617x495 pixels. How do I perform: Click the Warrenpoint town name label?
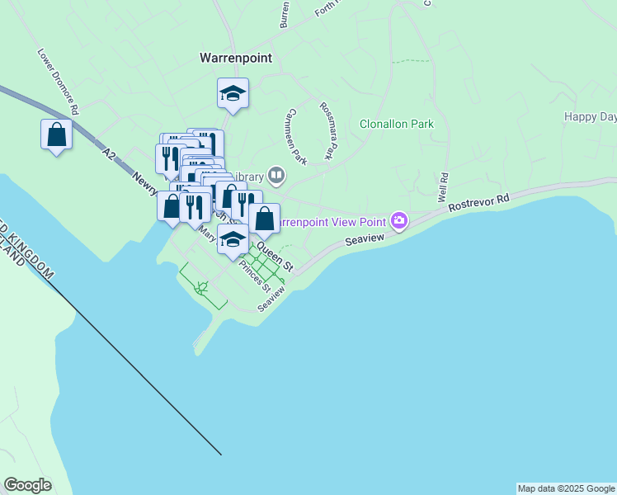coord(236,59)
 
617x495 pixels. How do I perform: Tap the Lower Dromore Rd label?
coord(57,81)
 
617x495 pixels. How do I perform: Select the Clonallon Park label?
coord(396,125)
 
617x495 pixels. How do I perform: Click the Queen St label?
coord(275,256)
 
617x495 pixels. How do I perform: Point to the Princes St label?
coord(254,276)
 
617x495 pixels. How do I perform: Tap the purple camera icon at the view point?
coord(400,219)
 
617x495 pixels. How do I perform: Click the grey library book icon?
coord(276,174)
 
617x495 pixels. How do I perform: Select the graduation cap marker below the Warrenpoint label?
coord(233,94)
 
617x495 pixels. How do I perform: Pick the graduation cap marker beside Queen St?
coord(233,239)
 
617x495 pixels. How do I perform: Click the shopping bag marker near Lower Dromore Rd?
coord(56,135)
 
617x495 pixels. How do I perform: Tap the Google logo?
coord(27,485)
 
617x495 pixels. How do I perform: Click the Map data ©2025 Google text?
coord(566,488)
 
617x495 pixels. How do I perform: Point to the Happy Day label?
coord(590,117)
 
